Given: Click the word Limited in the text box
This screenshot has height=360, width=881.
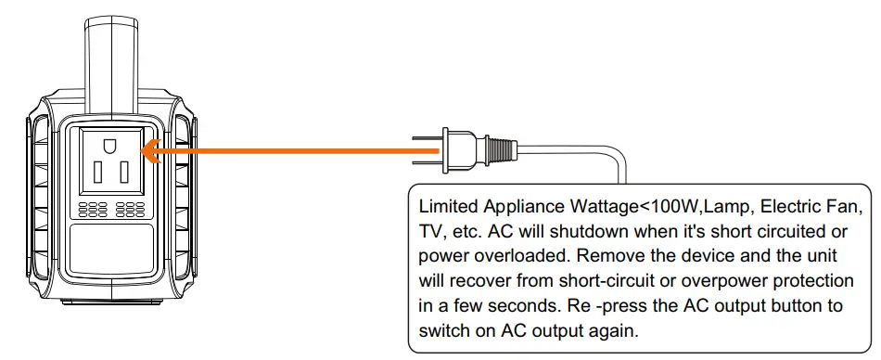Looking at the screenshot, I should [445, 204].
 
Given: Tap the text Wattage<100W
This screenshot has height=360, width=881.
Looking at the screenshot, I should [621, 204].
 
